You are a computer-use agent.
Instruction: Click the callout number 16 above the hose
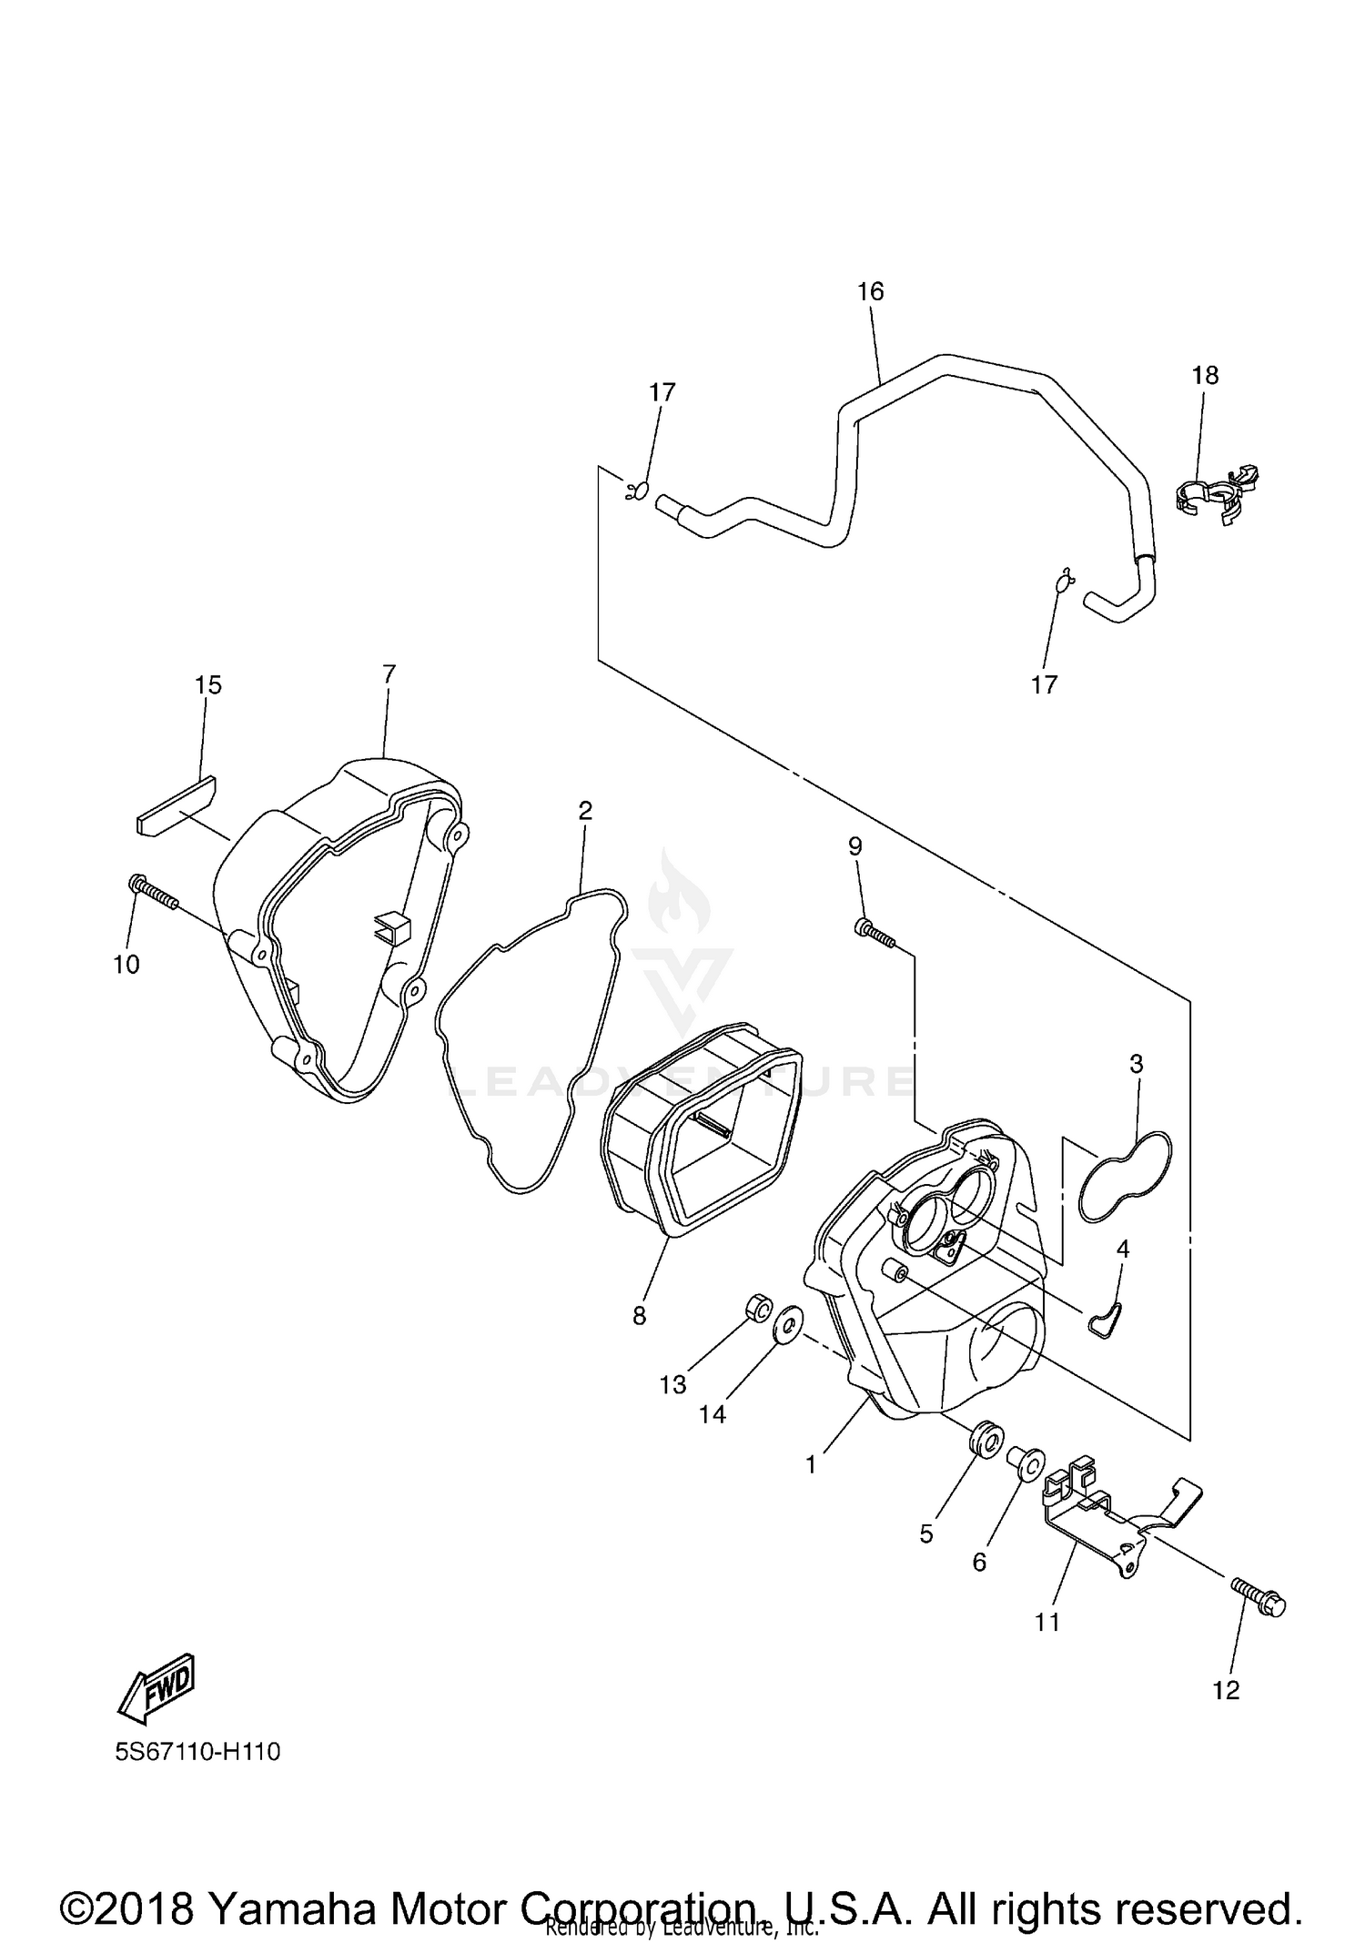[870, 291]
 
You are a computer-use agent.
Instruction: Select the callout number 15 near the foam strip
[208, 684]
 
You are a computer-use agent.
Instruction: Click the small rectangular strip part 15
[176, 805]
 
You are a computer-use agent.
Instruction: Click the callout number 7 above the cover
[389, 674]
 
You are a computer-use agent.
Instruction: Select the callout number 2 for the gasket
[585, 810]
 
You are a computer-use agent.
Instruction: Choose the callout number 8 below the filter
[639, 1315]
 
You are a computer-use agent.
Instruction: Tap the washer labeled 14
[787, 1325]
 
